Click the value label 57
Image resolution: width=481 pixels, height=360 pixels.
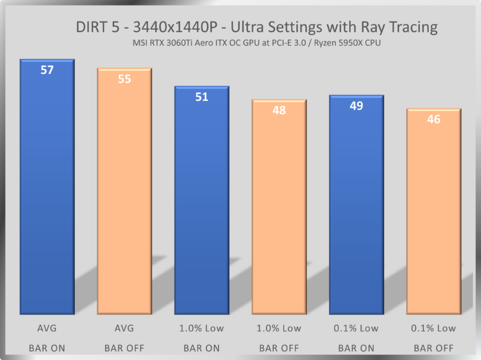pyautogui.click(x=47, y=70)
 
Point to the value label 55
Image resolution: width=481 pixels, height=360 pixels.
pyautogui.click(x=124, y=78)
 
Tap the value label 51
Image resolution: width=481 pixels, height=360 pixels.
pyautogui.click(x=201, y=97)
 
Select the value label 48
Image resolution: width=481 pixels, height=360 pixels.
pyautogui.click(x=279, y=110)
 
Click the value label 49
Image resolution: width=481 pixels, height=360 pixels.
pyautogui.click(x=356, y=106)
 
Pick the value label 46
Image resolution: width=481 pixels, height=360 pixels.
pyautogui.click(x=433, y=119)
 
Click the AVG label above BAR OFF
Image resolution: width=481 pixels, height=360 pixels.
pyautogui.click(x=124, y=328)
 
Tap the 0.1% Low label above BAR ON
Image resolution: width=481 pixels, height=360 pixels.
pyautogui.click(x=356, y=328)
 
